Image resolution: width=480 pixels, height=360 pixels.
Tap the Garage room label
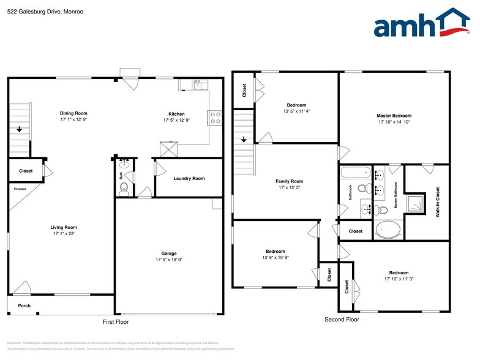pos(169,253)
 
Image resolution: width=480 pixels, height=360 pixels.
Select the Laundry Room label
pos(189,179)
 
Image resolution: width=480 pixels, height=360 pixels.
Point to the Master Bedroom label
pos(394,116)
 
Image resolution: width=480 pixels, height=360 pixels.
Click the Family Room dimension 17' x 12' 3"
pos(288,188)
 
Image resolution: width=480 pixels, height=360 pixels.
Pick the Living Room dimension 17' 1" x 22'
pos(63,234)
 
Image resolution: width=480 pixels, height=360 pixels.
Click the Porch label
pos(24,306)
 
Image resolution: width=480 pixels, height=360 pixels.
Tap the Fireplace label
pos(21,189)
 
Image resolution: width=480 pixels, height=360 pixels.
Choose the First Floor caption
pos(115,322)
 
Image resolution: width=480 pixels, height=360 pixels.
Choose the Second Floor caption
pos(342,320)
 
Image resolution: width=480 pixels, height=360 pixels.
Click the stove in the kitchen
pos(214,118)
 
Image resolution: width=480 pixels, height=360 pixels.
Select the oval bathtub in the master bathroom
pos(388,231)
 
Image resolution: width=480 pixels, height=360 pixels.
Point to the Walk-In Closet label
pos(437,203)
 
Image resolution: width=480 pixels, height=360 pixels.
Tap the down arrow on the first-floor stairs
pos(20,129)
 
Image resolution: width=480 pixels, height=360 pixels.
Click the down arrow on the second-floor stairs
pos(244,140)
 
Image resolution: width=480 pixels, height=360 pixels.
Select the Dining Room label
pos(73,113)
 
